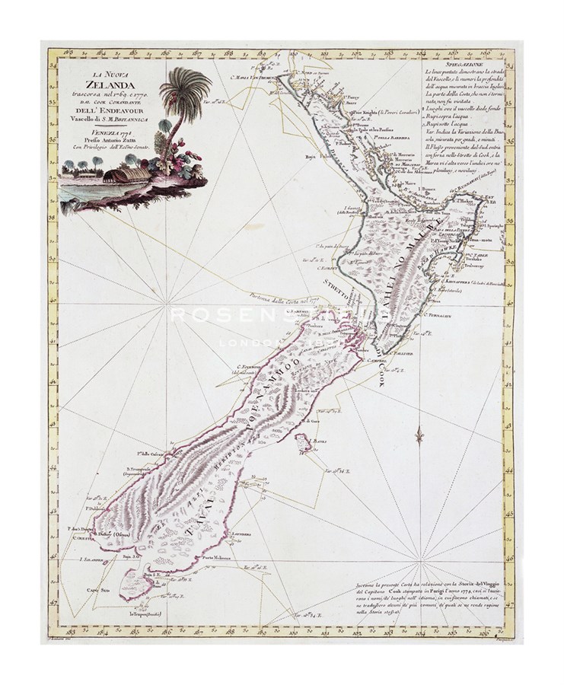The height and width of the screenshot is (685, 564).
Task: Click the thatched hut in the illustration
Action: pyautogui.click(x=123, y=176)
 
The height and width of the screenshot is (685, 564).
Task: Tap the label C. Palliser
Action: pyautogui.click(x=399, y=354)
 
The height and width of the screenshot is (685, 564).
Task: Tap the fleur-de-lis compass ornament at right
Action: pyautogui.click(x=418, y=436)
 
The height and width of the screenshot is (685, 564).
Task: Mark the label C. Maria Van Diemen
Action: pyautogui.click(x=253, y=76)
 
